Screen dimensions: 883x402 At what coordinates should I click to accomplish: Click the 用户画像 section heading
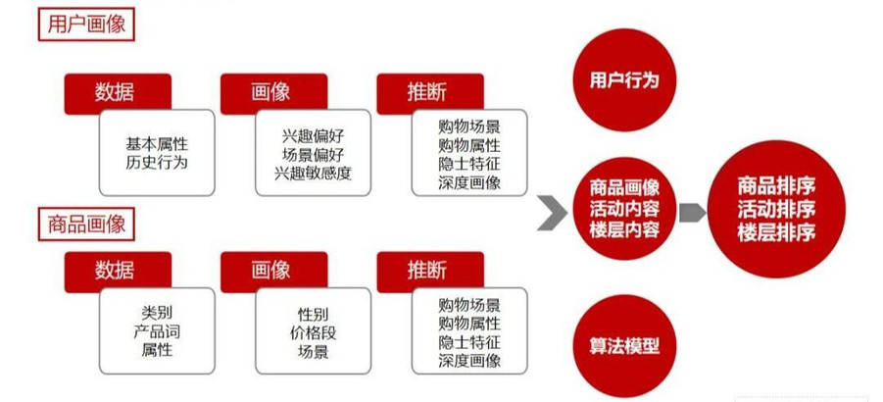click(86, 25)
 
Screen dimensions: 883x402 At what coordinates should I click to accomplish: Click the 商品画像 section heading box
click(86, 225)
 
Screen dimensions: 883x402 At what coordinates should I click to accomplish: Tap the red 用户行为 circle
click(624, 80)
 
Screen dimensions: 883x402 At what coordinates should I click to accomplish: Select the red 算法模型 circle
click(624, 346)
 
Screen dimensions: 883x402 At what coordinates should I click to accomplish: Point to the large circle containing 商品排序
click(776, 210)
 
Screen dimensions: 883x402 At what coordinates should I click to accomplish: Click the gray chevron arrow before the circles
click(553, 213)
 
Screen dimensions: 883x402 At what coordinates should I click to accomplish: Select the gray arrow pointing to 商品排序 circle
click(692, 213)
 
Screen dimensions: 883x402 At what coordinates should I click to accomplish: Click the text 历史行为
click(157, 164)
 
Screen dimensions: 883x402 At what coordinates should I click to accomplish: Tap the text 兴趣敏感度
click(313, 173)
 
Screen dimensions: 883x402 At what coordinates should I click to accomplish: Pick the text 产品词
click(157, 332)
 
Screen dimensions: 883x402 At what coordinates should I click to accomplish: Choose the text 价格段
click(313, 332)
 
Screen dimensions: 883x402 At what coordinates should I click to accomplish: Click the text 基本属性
click(157, 144)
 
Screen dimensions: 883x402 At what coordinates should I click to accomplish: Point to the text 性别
click(313, 314)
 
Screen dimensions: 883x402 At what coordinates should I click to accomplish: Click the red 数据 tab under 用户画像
click(118, 93)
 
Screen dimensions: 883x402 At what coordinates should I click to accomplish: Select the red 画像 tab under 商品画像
click(273, 272)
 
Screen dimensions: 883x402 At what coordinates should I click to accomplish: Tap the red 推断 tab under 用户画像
click(430, 93)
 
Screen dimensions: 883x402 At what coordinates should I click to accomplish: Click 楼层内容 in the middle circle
click(624, 230)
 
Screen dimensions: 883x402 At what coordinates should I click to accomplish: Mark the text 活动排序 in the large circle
click(776, 210)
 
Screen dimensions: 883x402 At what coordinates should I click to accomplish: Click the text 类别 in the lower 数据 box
click(157, 314)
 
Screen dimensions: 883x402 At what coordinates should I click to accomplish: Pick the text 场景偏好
click(313, 154)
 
